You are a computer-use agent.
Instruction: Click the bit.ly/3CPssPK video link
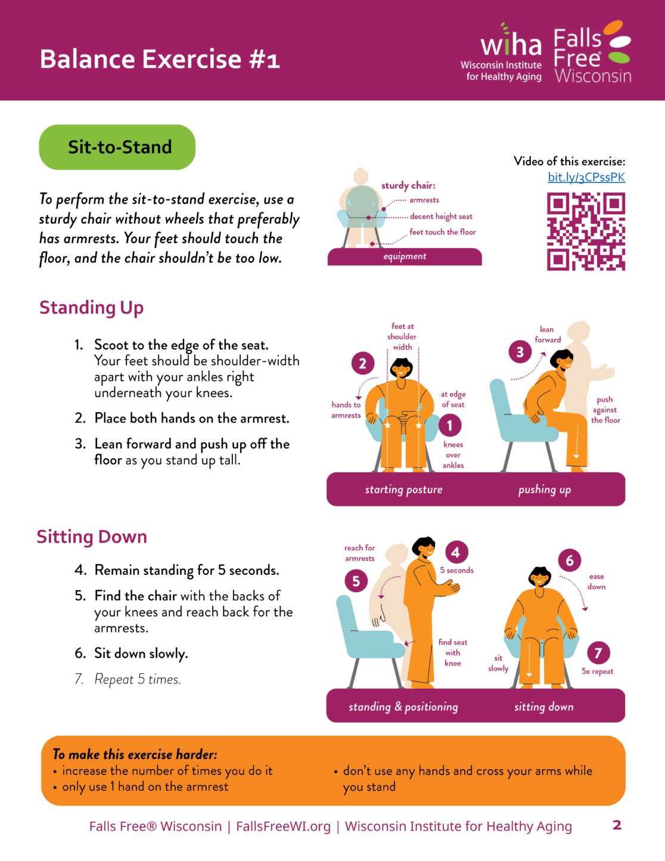pyautogui.click(x=586, y=177)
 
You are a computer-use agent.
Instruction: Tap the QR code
pyautogui.click(x=586, y=232)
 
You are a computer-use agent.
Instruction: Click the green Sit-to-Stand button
pyautogui.click(x=117, y=147)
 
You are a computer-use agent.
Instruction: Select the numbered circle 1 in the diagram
pyautogui.click(x=450, y=426)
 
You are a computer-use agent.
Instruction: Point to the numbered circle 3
pyautogui.click(x=520, y=352)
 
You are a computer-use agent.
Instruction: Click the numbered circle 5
pyautogui.click(x=356, y=581)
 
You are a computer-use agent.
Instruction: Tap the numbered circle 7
pyautogui.click(x=598, y=653)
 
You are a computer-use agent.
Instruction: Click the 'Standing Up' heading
pyautogui.click(x=91, y=308)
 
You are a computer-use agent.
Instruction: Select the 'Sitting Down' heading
pyautogui.click(x=92, y=537)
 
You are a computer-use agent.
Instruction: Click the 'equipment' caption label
pyautogui.click(x=405, y=256)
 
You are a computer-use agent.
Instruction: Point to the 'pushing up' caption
pyautogui.click(x=545, y=490)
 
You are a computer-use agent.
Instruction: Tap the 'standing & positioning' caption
pyautogui.click(x=403, y=707)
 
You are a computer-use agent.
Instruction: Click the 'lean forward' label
pyautogui.click(x=548, y=335)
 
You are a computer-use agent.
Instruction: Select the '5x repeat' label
pyautogui.click(x=597, y=671)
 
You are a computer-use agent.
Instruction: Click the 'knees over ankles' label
pyautogui.click(x=453, y=455)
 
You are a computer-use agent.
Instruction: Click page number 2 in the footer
pyautogui.click(x=617, y=825)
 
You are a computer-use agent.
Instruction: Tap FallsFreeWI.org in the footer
pyautogui.click(x=283, y=826)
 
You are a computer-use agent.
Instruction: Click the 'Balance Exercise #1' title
pyautogui.click(x=160, y=59)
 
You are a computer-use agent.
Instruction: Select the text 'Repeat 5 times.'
pyautogui.click(x=138, y=679)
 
